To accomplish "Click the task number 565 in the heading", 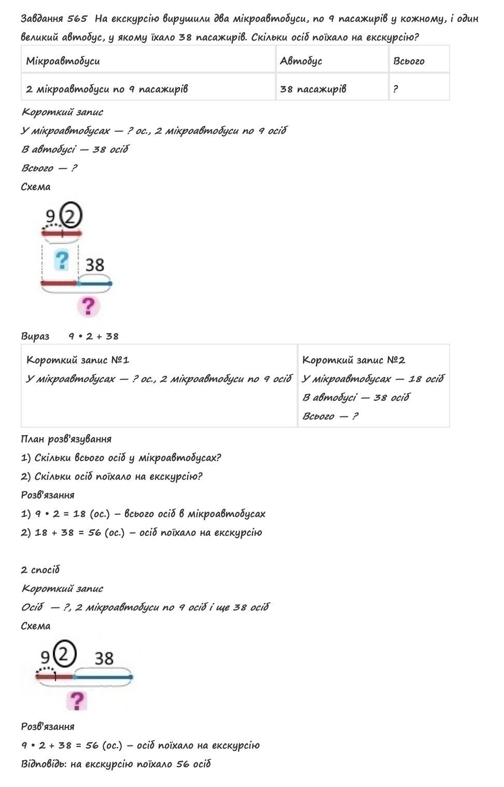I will [x=77, y=19].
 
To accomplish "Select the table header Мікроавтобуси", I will [x=63, y=61].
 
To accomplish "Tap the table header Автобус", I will [x=301, y=61].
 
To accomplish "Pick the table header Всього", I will [x=409, y=61].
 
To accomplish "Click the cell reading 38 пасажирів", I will [x=313, y=89].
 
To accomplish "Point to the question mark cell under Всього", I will [x=396, y=89].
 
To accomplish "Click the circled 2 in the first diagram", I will [x=71, y=215].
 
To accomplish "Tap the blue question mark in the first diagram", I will [x=62, y=260].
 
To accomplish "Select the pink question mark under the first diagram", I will [x=89, y=306].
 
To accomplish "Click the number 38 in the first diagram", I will [x=94, y=265].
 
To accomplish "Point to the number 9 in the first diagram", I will [x=50, y=216].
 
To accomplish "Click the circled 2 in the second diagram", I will [x=65, y=654].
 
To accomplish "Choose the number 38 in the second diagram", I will [x=104, y=658].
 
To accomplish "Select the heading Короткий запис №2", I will [x=354, y=360].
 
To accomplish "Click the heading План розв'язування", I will [x=66, y=439].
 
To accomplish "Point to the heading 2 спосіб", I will [x=40, y=569].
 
